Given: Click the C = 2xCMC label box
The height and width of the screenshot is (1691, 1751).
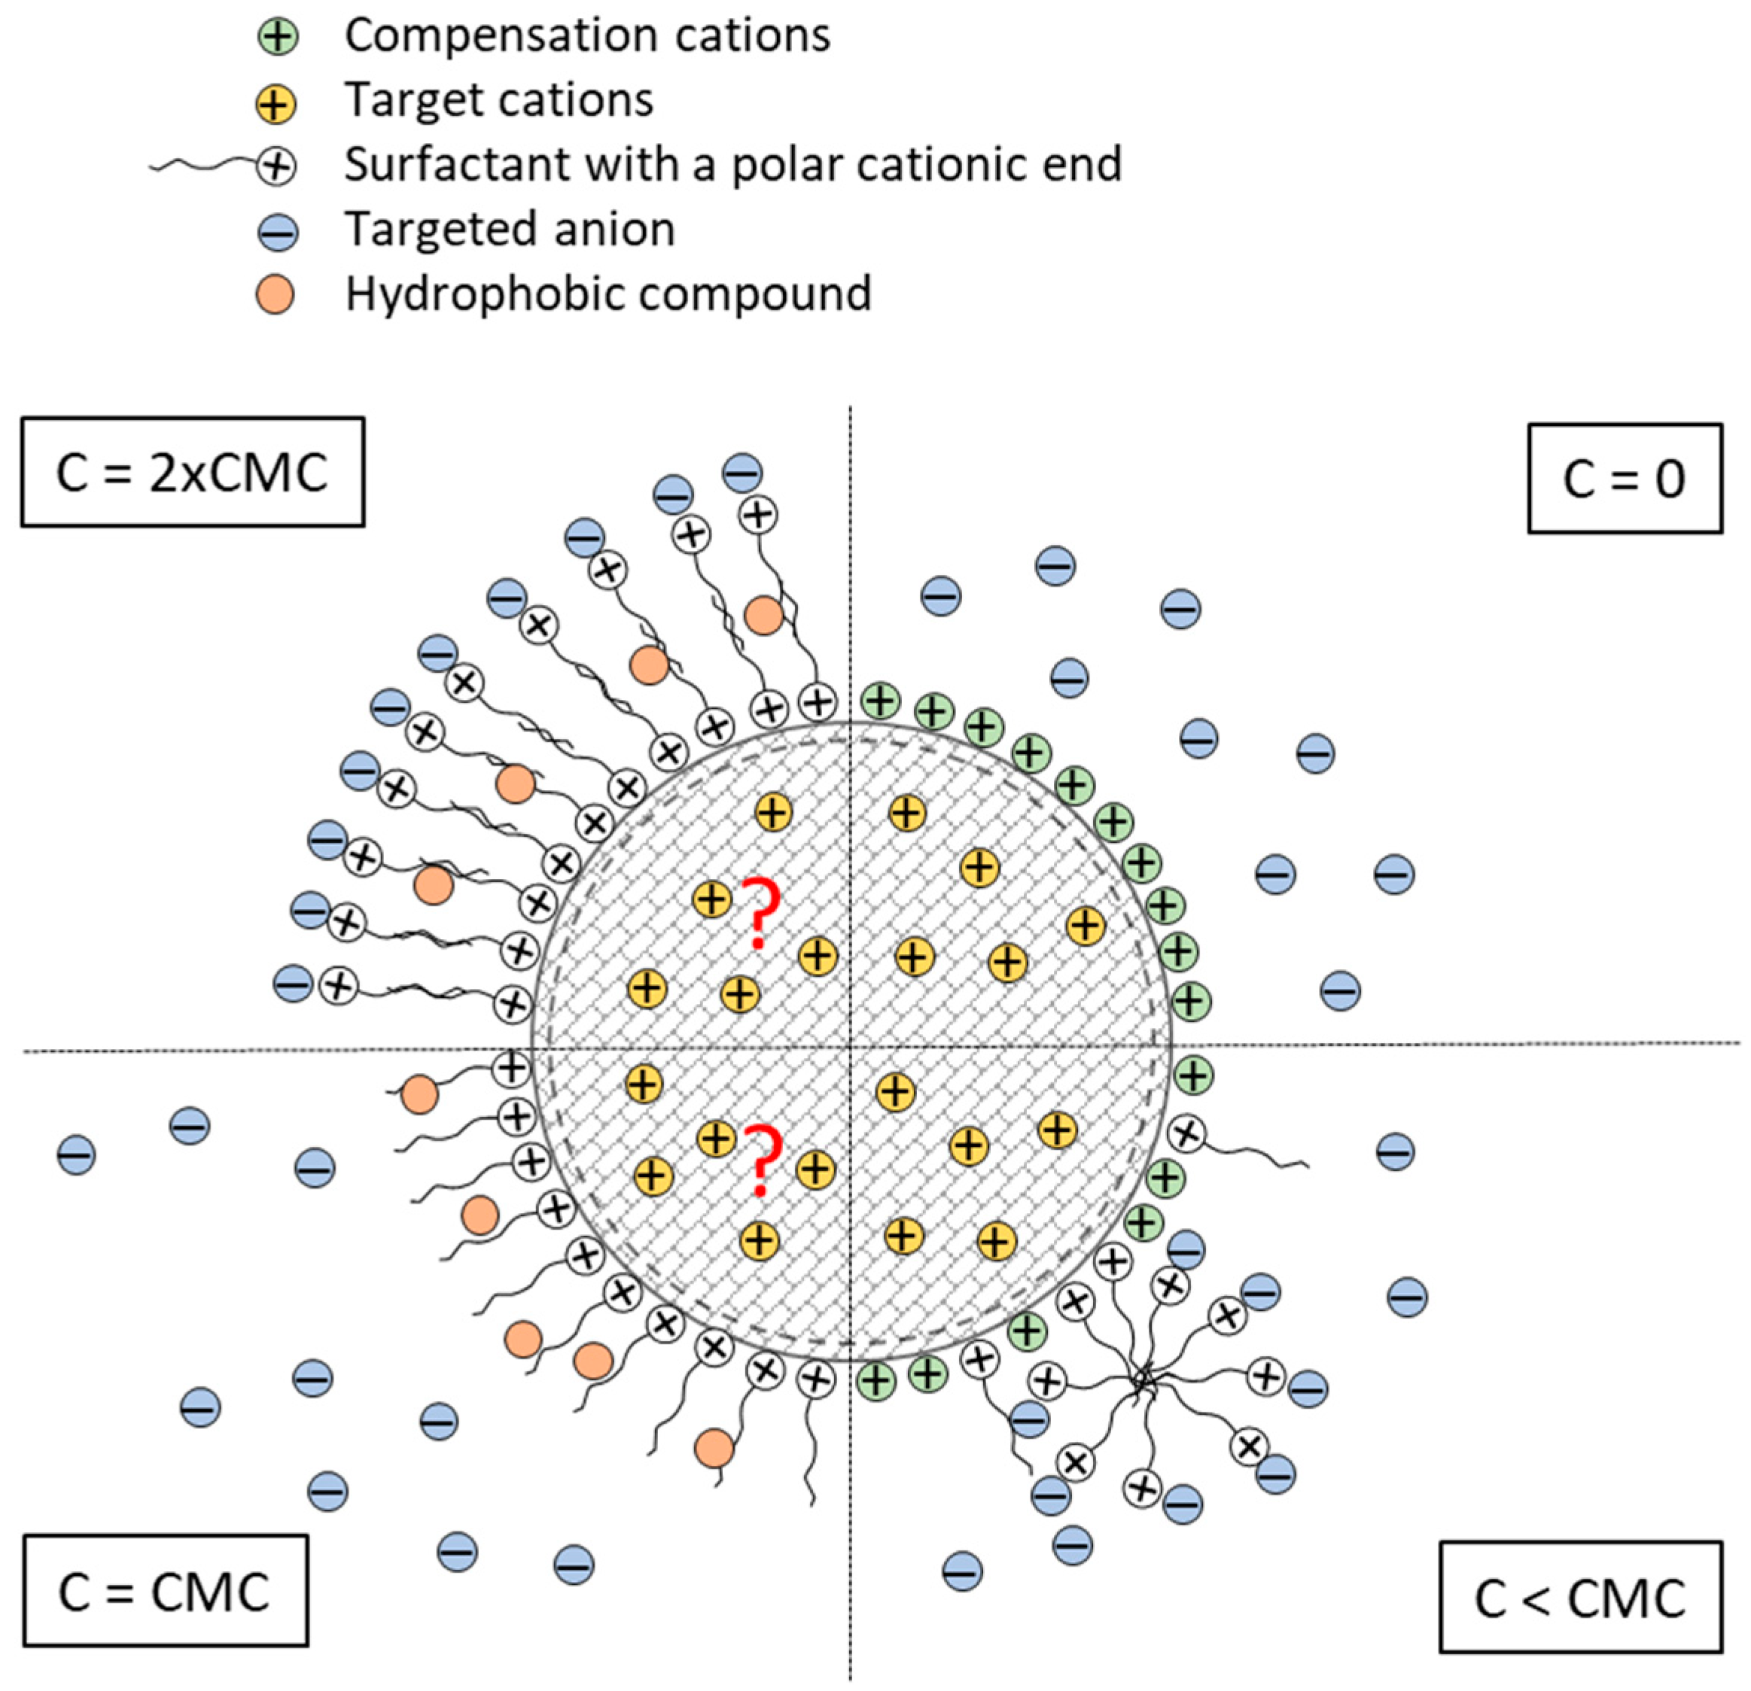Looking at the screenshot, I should pyautogui.click(x=192, y=472).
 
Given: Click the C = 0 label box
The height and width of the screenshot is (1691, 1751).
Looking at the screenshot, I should pyautogui.click(x=1624, y=478).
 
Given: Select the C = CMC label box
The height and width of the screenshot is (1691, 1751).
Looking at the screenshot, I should pyautogui.click(x=166, y=1591).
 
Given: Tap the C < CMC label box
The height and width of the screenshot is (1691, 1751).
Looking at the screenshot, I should pyautogui.click(x=1579, y=1596).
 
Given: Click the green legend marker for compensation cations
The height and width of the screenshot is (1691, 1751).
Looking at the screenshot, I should pyautogui.click(x=278, y=38).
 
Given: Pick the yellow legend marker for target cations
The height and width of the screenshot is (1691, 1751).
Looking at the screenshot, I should pyautogui.click(x=276, y=103).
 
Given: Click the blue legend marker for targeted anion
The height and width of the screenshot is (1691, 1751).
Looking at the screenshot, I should pyautogui.click(x=278, y=233).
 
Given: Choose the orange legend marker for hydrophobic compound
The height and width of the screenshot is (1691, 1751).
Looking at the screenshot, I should pyautogui.click(x=276, y=295).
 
